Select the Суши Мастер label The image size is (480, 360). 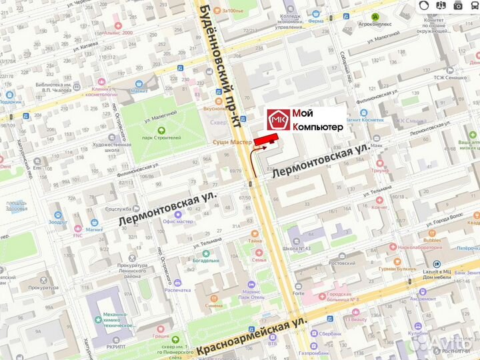coord(231,142)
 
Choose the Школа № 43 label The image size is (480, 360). coord(297,249)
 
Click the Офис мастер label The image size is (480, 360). coord(177,221)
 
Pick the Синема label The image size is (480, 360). coord(213,305)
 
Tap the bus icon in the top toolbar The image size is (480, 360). coord(458,5)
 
